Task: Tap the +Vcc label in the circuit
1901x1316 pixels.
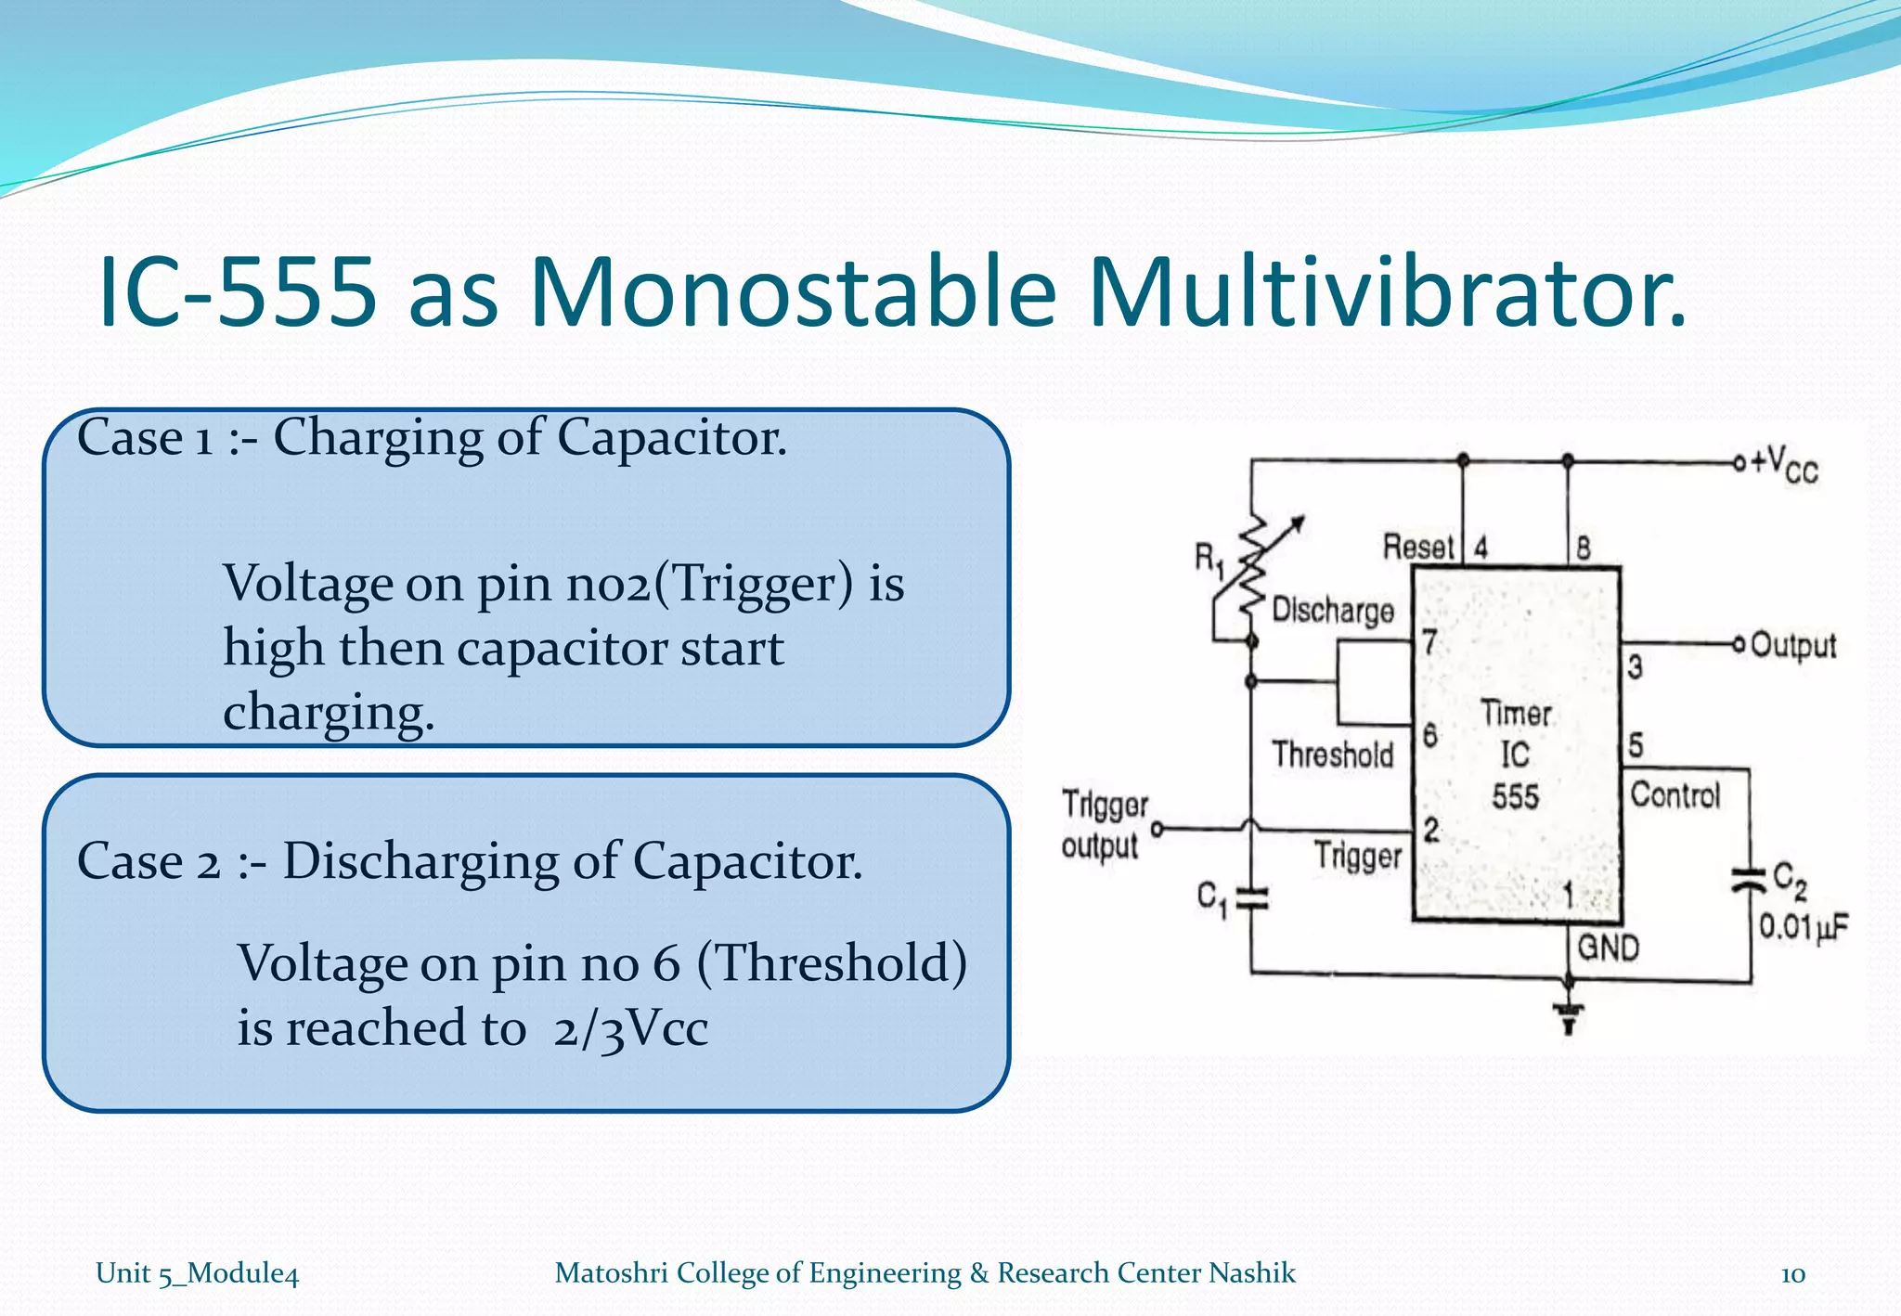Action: [x=1784, y=463]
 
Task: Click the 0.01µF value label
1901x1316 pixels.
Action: [x=1804, y=926]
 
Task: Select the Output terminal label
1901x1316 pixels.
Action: [x=1792, y=645]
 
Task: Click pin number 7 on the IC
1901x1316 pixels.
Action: [x=1429, y=641]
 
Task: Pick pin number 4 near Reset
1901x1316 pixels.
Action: [x=1481, y=548]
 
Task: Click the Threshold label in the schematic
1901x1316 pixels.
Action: [x=1333, y=754]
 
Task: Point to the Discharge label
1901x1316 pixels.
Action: [x=1333, y=610]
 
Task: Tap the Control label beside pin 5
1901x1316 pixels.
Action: [x=1675, y=794]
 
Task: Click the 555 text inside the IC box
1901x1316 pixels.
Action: [x=1515, y=796]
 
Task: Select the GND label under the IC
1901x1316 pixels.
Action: [x=1609, y=948]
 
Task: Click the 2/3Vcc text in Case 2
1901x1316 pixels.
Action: [x=630, y=1028]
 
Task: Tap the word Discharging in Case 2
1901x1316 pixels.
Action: [x=420, y=860]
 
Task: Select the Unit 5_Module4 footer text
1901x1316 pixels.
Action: [x=197, y=1273]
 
